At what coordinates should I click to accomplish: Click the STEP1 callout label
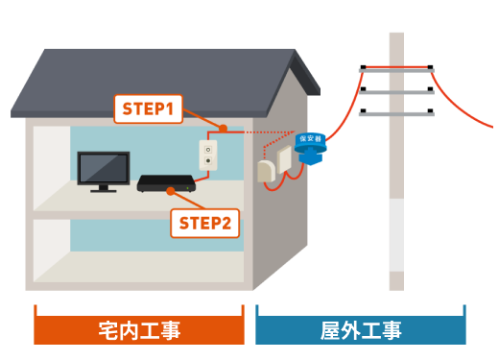149,108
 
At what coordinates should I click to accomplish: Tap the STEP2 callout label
205,223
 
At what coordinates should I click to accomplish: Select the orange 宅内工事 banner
139,330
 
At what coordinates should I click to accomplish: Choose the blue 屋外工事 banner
361,330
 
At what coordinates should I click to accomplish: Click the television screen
104,168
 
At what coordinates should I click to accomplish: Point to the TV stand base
104,191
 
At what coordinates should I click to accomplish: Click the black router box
166,183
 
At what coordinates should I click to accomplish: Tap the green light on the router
188,188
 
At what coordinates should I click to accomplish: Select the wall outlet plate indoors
208,156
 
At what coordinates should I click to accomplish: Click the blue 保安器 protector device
310,149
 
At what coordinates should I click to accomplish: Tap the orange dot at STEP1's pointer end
224,129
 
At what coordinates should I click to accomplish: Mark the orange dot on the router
171,191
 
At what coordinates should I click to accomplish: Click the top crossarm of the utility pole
396,70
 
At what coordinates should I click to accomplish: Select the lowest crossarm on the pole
396,113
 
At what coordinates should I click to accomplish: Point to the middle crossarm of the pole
396,91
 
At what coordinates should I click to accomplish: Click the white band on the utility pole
396,235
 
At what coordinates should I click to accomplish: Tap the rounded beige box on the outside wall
266,172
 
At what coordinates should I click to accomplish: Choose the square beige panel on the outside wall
284,159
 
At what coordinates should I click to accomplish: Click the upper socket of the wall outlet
208,150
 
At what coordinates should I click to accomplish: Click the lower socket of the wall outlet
208,160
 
